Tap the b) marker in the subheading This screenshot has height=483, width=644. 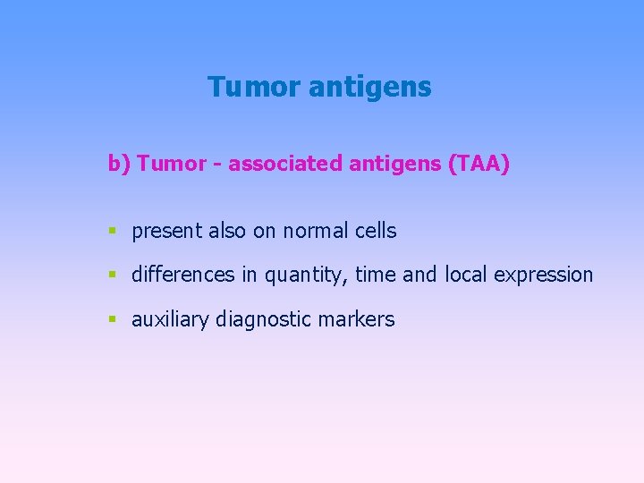pyautogui.click(x=119, y=165)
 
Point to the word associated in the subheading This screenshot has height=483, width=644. pyautogui.click(x=285, y=165)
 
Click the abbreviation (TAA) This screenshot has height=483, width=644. pyautogui.click(x=479, y=165)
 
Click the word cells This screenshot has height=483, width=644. pyautogui.click(x=375, y=231)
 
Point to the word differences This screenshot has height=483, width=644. pyautogui.click(x=183, y=275)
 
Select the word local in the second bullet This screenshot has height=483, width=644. pyautogui.click(x=465, y=275)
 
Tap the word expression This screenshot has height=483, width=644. pyautogui.click(x=543, y=275)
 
